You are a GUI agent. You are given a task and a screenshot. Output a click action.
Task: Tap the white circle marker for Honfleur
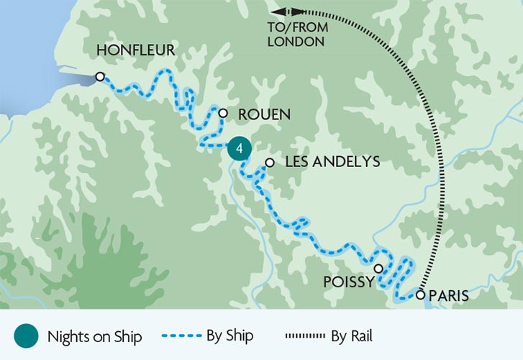100,76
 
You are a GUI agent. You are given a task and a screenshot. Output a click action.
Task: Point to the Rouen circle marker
223,113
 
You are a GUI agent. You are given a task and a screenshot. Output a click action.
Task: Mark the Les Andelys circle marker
269,163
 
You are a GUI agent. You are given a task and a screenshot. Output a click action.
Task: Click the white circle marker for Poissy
378,268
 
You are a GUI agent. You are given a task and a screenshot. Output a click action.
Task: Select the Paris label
448,295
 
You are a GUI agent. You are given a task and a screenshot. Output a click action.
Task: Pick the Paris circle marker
420,294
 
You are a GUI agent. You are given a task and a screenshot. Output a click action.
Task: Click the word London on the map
296,42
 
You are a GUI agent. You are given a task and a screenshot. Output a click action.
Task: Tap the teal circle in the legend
25,336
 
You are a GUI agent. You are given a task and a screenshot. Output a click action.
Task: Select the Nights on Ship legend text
95,336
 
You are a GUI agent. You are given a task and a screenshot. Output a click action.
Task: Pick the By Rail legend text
353,336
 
